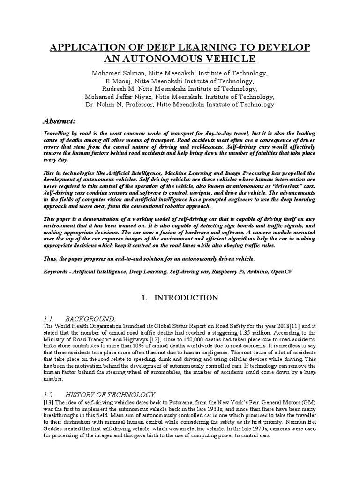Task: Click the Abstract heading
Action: tap(60, 120)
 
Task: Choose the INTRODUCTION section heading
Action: tap(187, 298)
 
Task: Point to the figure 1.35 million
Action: tap(264, 333)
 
